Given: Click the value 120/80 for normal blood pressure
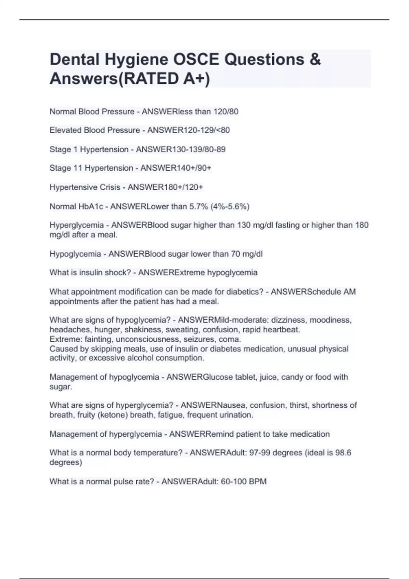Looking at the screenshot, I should [226, 111].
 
